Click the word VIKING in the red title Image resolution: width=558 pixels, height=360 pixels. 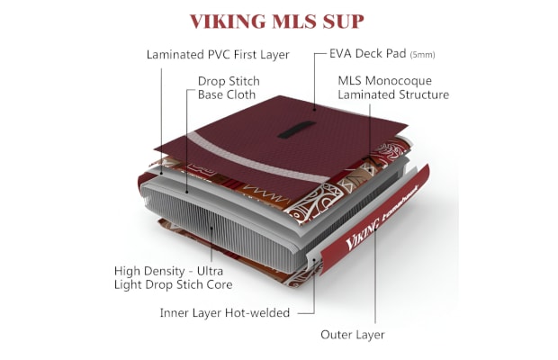coord(228,22)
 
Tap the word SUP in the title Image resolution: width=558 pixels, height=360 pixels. coord(343,22)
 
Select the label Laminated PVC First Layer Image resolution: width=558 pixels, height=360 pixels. coord(218,55)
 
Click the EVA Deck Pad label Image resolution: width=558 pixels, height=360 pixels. coord(367,53)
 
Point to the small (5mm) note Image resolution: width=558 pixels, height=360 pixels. coord(422,55)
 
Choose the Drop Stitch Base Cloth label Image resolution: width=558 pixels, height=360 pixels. coord(229,88)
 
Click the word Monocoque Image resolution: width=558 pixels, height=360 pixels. coord(399,81)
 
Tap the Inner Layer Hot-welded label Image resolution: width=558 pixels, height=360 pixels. coord(225,313)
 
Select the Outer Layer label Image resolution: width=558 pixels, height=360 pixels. coord(352,335)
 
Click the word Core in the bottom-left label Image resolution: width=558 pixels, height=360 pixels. coord(220,284)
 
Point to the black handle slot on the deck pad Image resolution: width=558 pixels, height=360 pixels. coord(296,130)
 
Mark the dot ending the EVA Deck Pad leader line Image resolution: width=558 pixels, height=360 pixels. coord(315,110)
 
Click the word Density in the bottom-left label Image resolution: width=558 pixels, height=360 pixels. coord(163,272)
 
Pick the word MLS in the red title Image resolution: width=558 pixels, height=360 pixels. coord(294,22)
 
